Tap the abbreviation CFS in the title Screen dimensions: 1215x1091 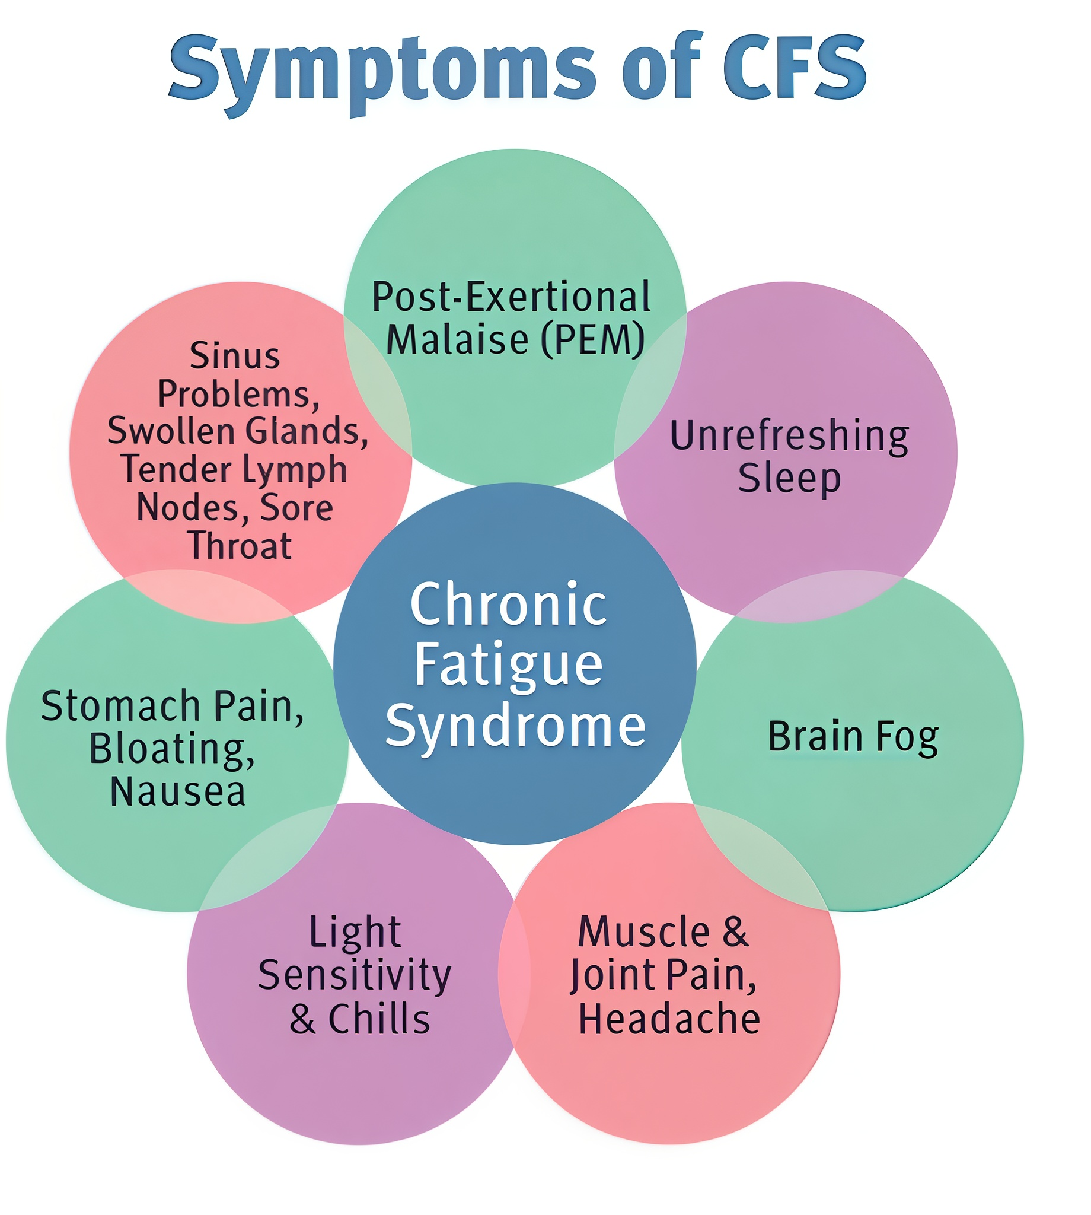click(x=795, y=66)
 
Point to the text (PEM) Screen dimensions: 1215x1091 click(x=593, y=339)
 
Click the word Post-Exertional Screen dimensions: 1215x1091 click(x=511, y=297)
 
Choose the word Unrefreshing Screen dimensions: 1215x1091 click(x=789, y=436)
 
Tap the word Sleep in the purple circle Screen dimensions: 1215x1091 click(x=789, y=479)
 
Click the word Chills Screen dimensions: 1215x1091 click(x=379, y=1019)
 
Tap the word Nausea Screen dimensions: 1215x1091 click(x=178, y=791)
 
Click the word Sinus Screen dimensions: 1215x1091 click(x=235, y=356)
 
